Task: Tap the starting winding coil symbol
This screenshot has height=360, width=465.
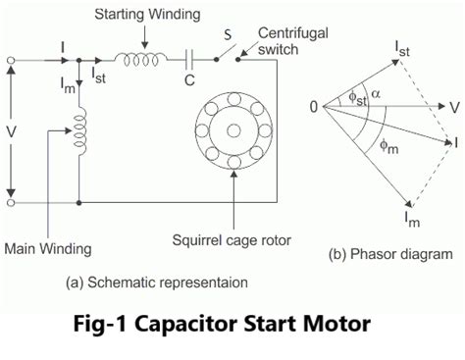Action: pyautogui.click(x=137, y=60)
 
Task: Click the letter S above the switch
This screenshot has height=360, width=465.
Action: pyautogui.click(x=228, y=35)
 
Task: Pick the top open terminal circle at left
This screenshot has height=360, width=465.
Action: pyautogui.click(x=10, y=61)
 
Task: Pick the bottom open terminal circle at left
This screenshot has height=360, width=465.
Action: pyautogui.click(x=10, y=203)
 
